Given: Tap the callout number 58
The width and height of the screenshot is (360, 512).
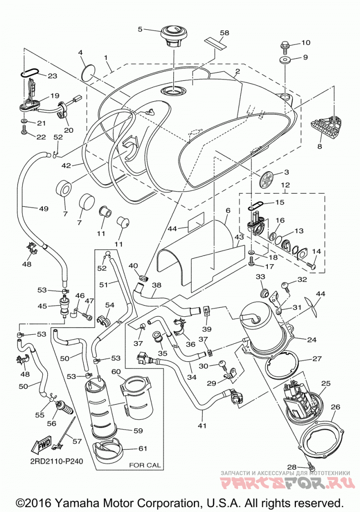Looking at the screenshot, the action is (x=225, y=33).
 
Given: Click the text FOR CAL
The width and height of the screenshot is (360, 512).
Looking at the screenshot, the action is (x=145, y=465).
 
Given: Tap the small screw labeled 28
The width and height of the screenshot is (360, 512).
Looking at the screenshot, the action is (x=310, y=464).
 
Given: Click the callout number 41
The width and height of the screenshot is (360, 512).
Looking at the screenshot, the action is (x=202, y=426).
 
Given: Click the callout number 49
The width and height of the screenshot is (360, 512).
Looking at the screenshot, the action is (x=44, y=208).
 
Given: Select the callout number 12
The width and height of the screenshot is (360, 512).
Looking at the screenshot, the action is (x=285, y=185).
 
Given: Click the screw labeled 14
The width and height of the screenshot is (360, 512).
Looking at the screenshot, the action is (x=311, y=265).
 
